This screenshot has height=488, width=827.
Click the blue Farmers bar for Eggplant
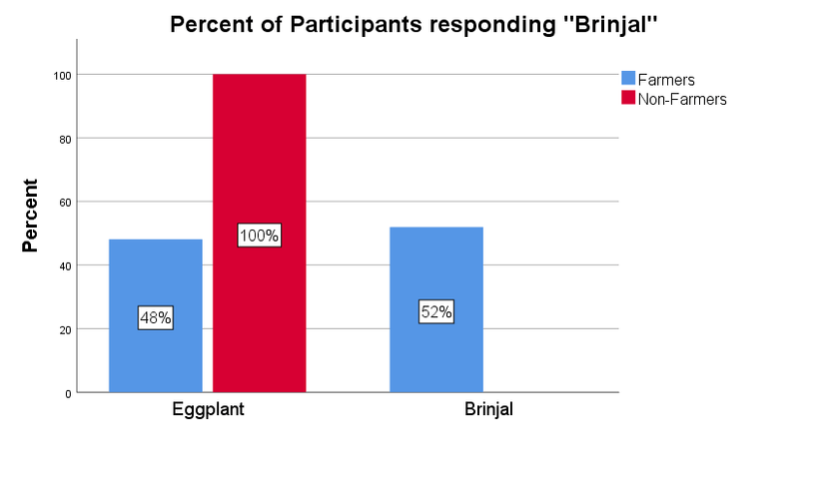155,279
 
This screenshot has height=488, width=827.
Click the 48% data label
155,318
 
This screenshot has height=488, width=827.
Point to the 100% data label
259,236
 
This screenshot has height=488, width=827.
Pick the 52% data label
436,311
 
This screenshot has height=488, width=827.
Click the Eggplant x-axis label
207,409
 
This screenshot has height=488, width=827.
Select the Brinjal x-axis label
488,409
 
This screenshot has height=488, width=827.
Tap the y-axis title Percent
30,216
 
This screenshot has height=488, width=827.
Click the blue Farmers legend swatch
628,78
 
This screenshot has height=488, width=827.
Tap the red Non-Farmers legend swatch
628,98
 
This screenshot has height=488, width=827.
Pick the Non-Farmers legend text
682,99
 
